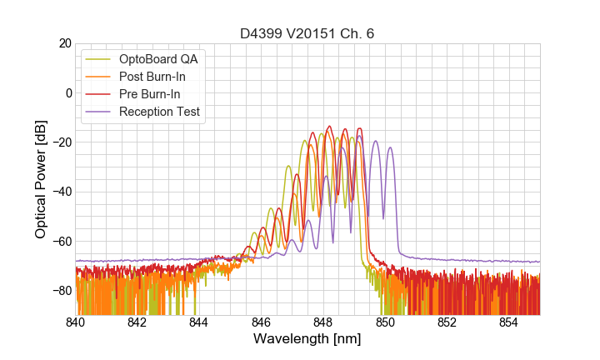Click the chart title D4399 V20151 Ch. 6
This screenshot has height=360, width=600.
(x=307, y=33)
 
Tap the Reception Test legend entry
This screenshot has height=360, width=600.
(x=159, y=112)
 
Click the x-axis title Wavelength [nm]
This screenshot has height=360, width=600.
(x=307, y=340)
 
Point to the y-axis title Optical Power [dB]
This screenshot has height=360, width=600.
(x=41, y=178)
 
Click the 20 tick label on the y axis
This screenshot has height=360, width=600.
(x=63, y=43)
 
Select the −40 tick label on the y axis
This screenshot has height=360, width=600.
(x=60, y=192)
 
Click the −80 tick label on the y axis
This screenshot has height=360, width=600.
(x=60, y=291)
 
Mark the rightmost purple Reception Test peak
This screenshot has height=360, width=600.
(x=389, y=148)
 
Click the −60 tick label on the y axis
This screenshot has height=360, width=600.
(x=60, y=241)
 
